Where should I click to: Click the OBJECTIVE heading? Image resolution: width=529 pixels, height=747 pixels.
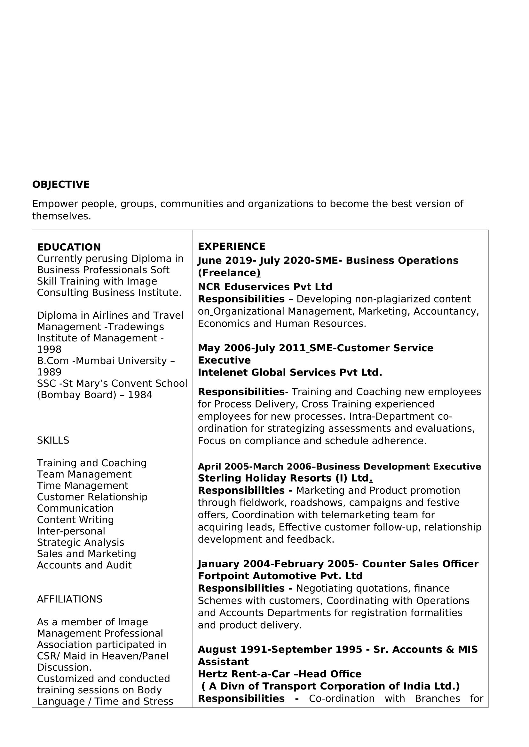pyautogui.click(x=60, y=185)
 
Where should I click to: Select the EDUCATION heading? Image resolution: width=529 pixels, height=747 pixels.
pyautogui.click(x=69, y=247)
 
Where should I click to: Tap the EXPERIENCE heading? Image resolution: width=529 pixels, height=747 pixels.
pyautogui.click(x=231, y=246)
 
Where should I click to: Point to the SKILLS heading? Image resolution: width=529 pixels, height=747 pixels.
pyautogui.click(x=53, y=440)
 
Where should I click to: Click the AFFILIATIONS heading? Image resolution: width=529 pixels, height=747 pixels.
pyautogui.click(x=69, y=599)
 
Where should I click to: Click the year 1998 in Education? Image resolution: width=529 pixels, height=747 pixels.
pyautogui.click(x=49, y=349)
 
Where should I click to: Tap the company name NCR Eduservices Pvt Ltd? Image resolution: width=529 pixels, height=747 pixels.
pyautogui.click(x=265, y=286)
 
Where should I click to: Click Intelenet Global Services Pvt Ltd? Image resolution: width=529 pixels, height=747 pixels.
pyautogui.click(x=289, y=372)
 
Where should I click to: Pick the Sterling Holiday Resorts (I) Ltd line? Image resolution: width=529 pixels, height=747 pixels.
pyautogui.click(x=285, y=478)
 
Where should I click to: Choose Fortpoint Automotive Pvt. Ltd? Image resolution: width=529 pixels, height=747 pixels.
pyautogui.click(x=280, y=576)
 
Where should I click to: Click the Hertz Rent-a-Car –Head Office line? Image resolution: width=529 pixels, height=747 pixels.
pyautogui.click(x=280, y=674)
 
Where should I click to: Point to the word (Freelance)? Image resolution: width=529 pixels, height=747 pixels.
pyautogui.click(x=229, y=273)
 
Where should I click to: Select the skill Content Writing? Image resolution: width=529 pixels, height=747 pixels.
pyautogui.click(x=75, y=520)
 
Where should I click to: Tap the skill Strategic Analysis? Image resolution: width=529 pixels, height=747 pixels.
pyautogui.click(x=81, y=542)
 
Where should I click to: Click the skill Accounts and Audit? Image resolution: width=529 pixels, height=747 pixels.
pyautogui.click(x=84, y=565)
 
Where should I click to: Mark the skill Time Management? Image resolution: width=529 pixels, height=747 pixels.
pyautogui.click(x=83, y=485)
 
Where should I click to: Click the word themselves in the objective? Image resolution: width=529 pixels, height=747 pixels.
pyautogui.click(x=61, y=216)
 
